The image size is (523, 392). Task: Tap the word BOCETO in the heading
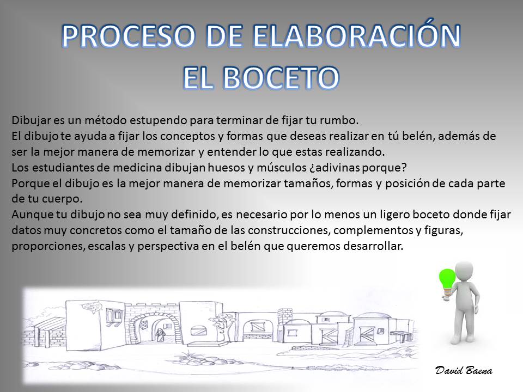(281, 77)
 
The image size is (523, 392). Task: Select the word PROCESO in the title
(129, 36)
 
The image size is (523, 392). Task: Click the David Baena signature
(464, 370)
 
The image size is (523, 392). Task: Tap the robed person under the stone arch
(160, 335)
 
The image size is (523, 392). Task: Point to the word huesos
(227, 167)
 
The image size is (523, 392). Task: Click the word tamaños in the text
(308, 183)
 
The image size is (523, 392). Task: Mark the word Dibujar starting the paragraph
(31, 120)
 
